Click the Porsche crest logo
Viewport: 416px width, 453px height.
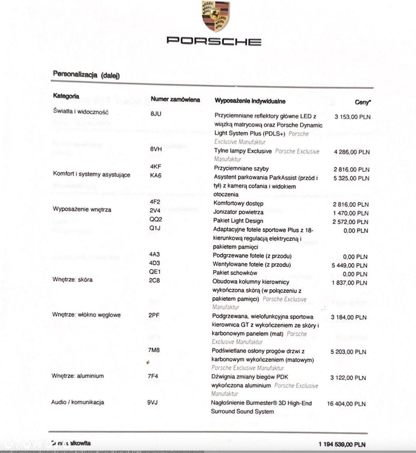[x=215, y=16]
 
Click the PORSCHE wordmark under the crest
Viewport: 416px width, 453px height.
[x=214, y=41]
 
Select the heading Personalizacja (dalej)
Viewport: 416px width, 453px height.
[x=86, y=74]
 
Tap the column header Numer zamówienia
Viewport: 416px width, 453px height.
[x=175, y=99]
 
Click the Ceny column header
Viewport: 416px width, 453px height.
[x=363, y=102]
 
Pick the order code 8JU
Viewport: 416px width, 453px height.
[x=155, y=113]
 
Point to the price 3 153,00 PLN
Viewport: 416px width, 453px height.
[x=352, y=117]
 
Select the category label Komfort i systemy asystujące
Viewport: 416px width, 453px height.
[x=92, y=175]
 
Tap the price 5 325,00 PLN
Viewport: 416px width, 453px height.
[x=351, y=178]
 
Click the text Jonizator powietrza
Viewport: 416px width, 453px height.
[x=238, y=212]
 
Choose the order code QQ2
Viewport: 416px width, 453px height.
[x=155, y=219]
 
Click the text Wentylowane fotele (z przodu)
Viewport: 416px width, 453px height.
[x=252, y=264]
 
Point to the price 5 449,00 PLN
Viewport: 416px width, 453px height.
[x=350, y=265]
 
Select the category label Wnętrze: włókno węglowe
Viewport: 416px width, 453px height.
[x=86, y=315]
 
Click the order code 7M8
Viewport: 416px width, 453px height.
[x=155, y=351]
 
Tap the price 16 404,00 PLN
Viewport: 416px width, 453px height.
[x=346, y=404]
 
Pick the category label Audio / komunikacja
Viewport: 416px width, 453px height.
[x=78, y=402]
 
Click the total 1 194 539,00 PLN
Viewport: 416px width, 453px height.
[x=342, y=444]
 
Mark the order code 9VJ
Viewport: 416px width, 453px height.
[x=153, y=402]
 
